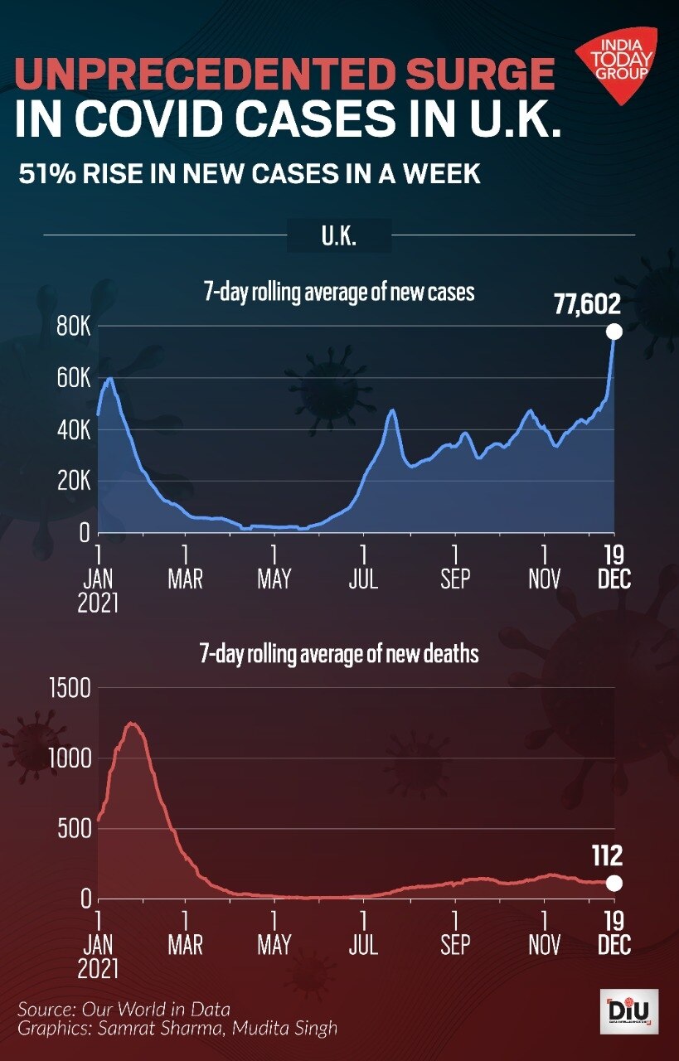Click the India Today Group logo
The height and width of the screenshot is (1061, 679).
point(616,65)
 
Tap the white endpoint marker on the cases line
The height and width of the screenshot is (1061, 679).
point(614,332)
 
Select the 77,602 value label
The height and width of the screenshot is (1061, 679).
point(587,305)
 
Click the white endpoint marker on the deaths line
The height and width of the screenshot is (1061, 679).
point(614,883)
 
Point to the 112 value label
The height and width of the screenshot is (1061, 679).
point(607,855)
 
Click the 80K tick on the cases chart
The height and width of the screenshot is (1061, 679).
point(73,326)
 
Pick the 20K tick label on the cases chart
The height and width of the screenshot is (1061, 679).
point(73,482)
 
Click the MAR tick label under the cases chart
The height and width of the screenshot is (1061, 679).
point(185,579)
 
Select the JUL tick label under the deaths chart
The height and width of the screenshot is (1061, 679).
point(363,944)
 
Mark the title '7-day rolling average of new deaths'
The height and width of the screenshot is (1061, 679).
point(339,654)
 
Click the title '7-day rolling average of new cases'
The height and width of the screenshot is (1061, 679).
point(339,293)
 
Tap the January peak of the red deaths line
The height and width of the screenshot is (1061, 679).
point(131,724)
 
